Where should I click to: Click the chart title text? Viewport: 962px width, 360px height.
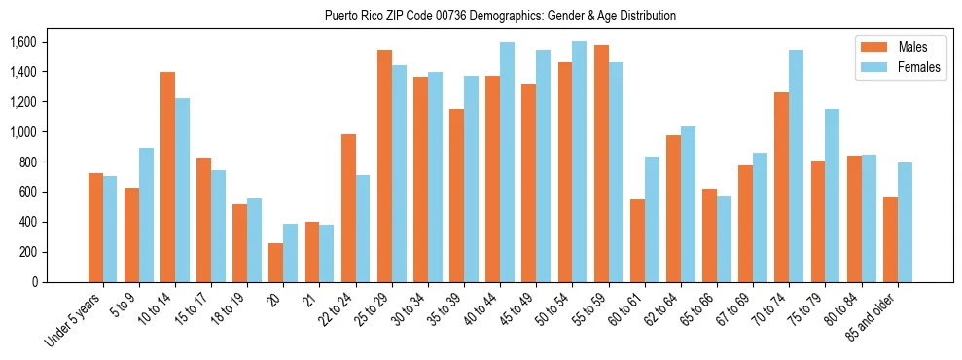click(x=501, y=16)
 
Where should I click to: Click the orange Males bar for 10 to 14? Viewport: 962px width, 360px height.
click(x=167, y=177)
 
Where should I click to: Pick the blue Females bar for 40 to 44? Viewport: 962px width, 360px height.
click(x=507, y=162)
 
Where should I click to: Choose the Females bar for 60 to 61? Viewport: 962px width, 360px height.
click(x=652, y=219)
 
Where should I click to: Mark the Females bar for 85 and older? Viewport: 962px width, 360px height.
click(x=904, y=222)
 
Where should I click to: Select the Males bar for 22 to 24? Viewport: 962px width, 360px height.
click(x=348, y=208)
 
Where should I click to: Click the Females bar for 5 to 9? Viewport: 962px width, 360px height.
click(x=146, y=215)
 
